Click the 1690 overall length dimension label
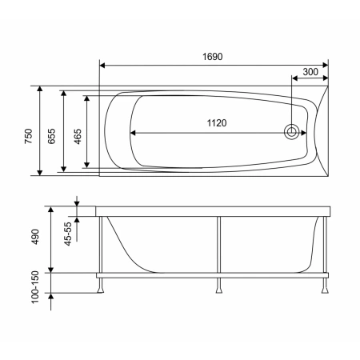pyautogui.click(x=212, y=57)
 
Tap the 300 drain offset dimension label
pyautogui.click(x=310, y=72)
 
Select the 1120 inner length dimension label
pyautogui.click(x=217, y=123)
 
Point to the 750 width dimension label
pyautogui.click(x=28, y=136)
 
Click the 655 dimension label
pyautogui.click(x=52, y=136)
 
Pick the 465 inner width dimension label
pyautogui.click(x=78, y=136)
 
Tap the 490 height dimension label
pyautogui.click(x=35, y=237)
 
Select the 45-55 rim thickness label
pyautogui.click(x=68, y=234)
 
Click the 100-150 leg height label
pyautogui.click(x=35, y=287)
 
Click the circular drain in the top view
pyautogui.click(x=291, y=132)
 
